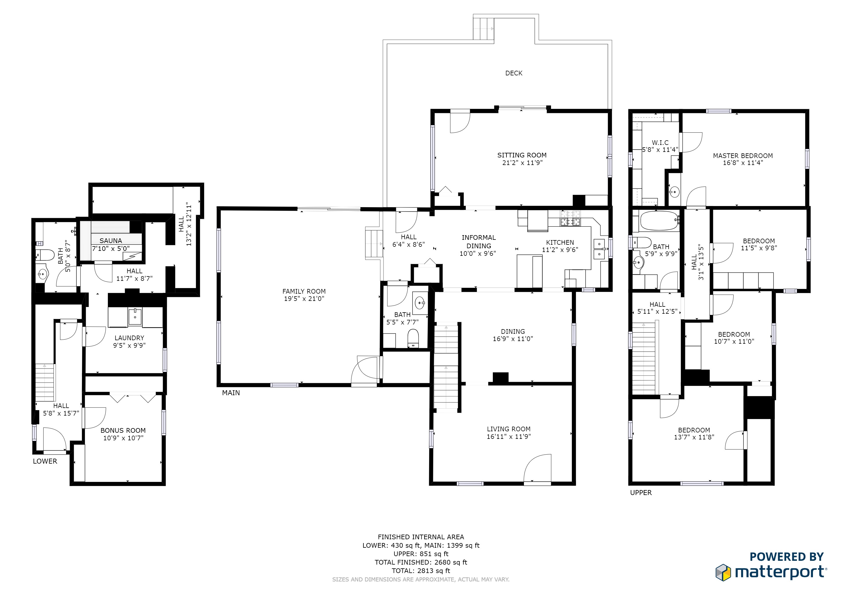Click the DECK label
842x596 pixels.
tap(513, 73)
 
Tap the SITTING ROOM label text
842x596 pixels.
tap(522, 155)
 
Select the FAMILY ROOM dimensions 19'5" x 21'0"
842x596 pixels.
tap(304, 299)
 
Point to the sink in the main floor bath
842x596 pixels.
tap(420, 303)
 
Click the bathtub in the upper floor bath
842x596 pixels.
tap(659, 221)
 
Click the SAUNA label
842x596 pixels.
tap(110, 241)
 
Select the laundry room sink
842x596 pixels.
tap(135, 317)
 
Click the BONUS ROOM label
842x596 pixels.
tap(123, 430)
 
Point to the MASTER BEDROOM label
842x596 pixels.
tap(743, 156)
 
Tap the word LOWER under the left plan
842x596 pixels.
tap(45, 461)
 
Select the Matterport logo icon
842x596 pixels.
tap(723, 572)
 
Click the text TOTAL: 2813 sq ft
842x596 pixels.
tap(421, 571)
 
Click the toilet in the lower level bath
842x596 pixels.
tap(45, 255)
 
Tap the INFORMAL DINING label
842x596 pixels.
tap(479, 242)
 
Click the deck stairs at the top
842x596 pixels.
tap(483, 28)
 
